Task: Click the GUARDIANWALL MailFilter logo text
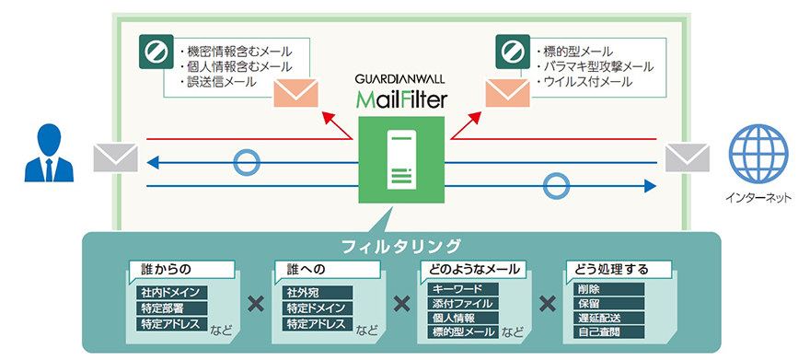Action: (399, 89)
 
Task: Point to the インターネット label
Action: (758, 199)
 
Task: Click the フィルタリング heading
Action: (399, 246)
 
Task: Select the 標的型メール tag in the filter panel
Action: (462, 331)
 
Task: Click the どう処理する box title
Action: (610, 271)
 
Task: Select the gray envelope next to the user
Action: (115, 157)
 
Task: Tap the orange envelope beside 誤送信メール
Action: (295, 93)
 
